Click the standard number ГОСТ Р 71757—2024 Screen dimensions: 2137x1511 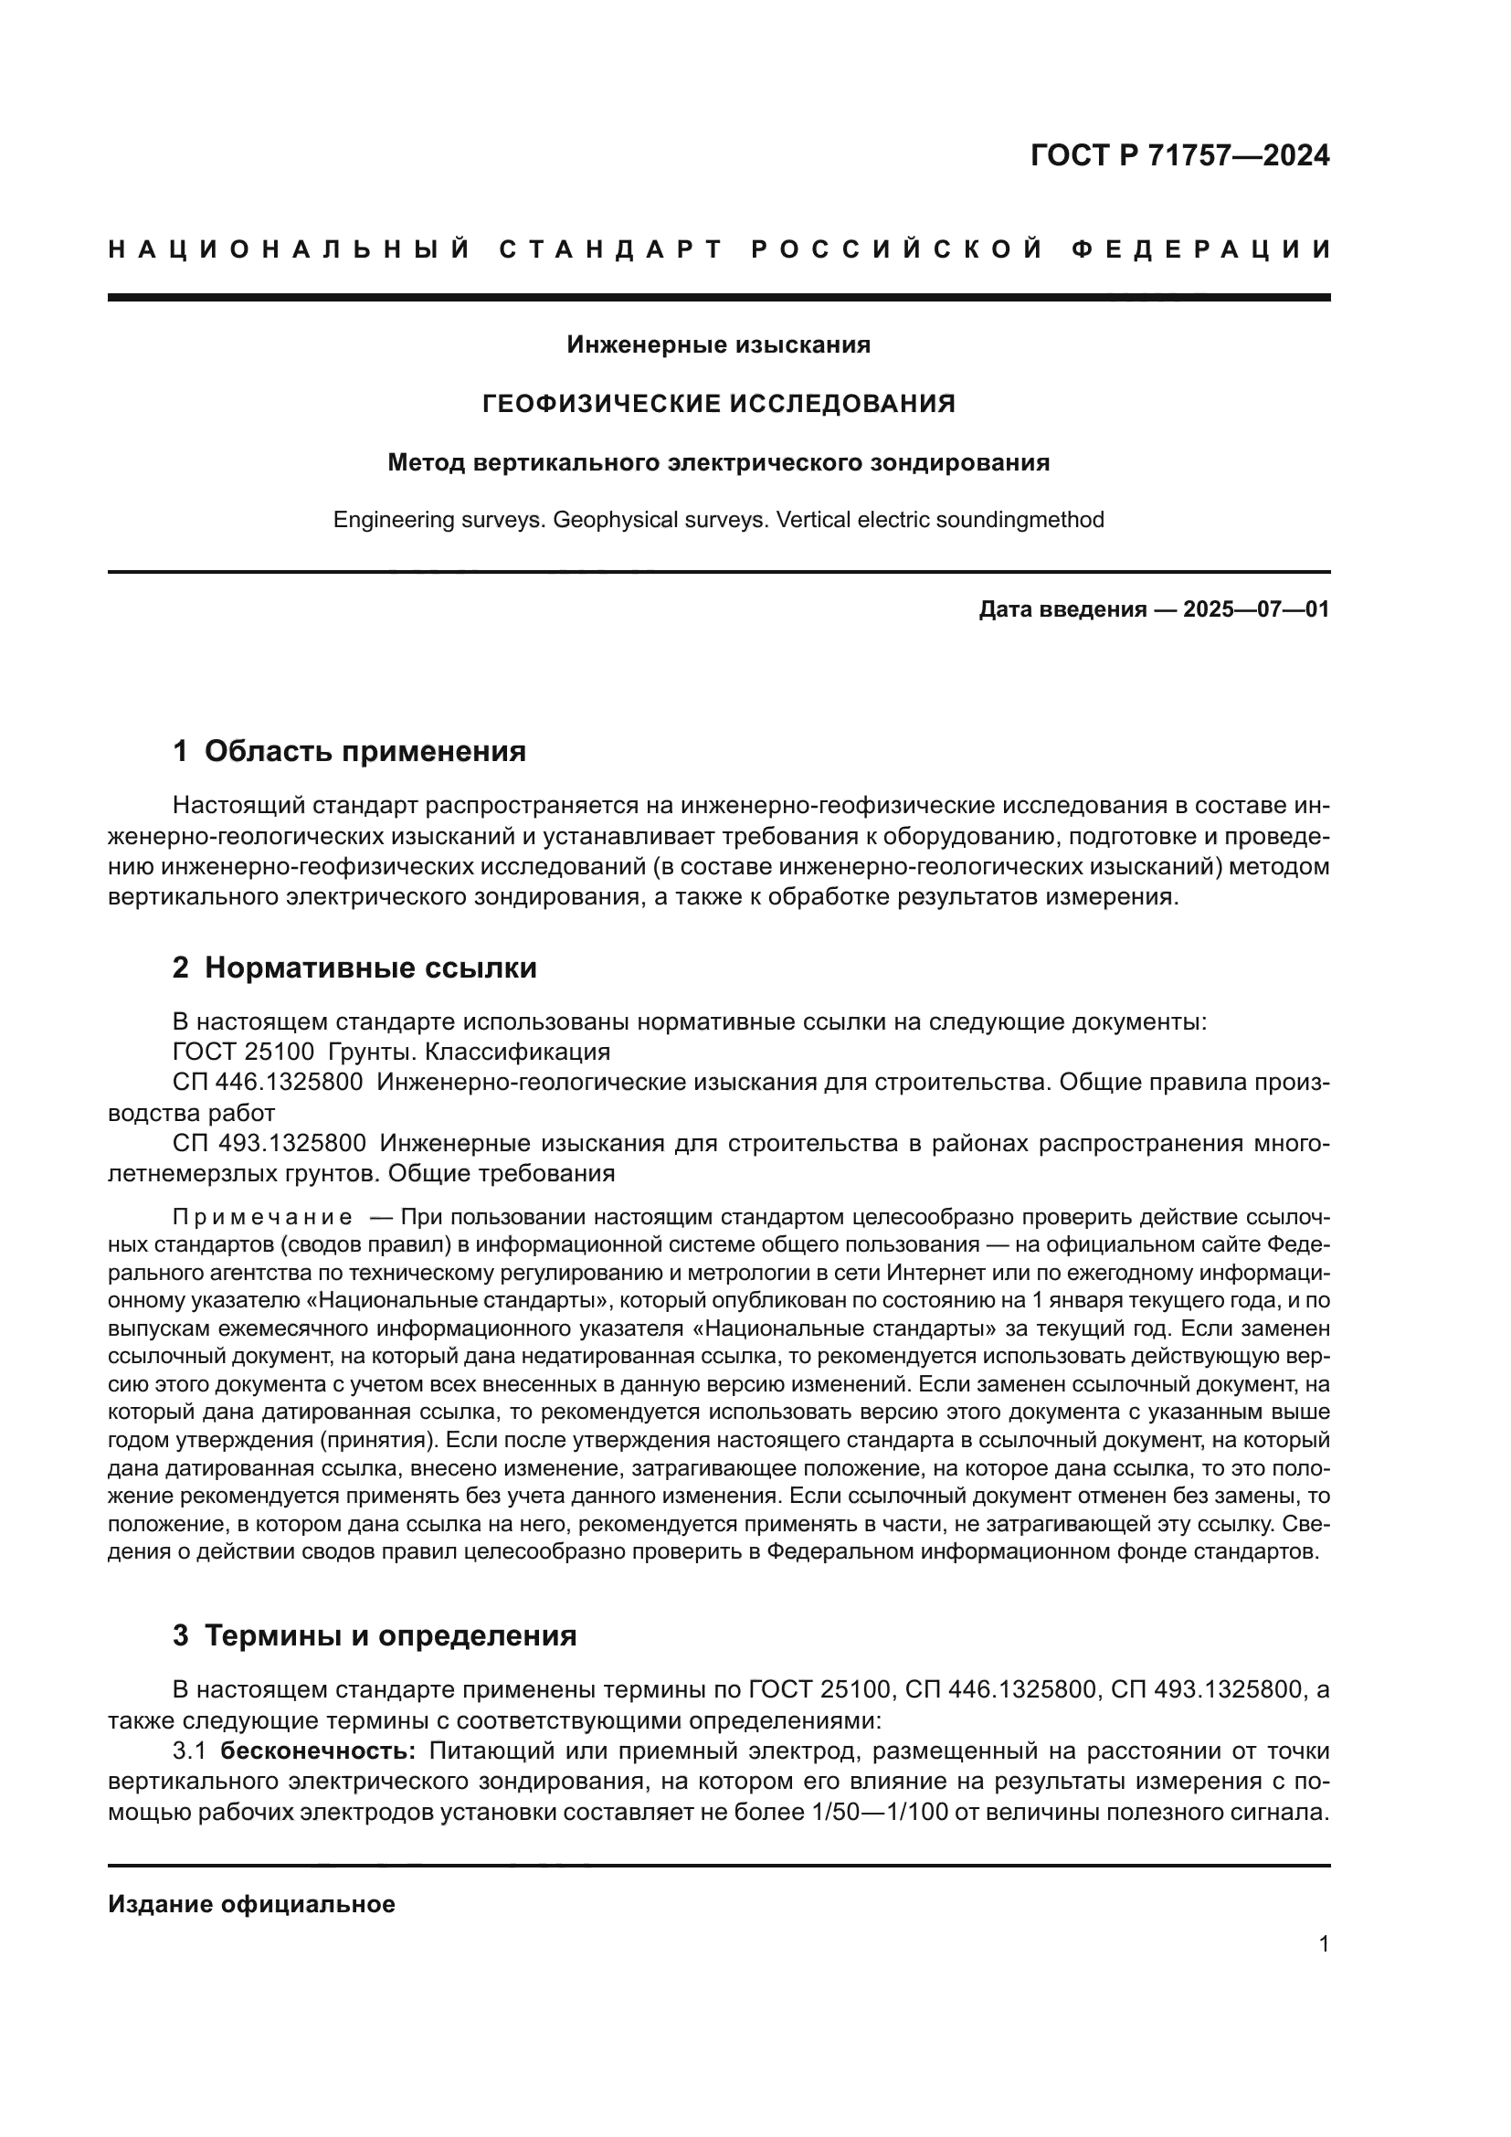(1179, 155)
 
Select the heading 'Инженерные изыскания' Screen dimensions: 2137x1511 (718, 345)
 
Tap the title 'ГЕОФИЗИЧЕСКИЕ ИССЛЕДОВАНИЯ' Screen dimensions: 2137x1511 (718, 404)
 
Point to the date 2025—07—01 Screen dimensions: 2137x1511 (1256, 609)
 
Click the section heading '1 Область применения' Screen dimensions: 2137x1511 (349, 751)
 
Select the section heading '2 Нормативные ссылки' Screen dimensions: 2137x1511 (354, 968)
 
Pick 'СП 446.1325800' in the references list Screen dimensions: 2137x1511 (267, 1083)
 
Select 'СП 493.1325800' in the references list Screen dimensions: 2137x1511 (269, 1143)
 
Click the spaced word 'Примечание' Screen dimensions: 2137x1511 (262, 1217)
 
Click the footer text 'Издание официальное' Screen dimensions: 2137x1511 (251, 1904)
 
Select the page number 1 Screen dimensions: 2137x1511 (1323, 1944)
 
